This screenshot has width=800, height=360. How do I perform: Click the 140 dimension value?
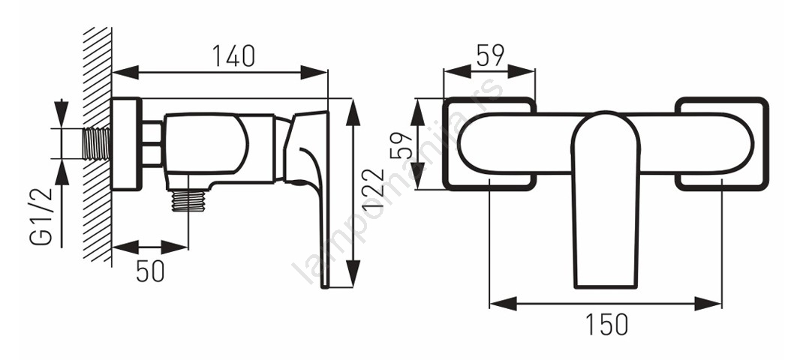(233, 55)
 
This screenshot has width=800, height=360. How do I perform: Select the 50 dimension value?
(150, 271)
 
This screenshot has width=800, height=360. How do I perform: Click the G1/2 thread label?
(41, 216)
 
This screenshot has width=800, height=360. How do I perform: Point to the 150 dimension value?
(606, 324)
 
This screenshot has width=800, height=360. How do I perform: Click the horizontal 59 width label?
(490, 55)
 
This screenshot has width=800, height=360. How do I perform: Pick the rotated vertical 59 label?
(402, 145)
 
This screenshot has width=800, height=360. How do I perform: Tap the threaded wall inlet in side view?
(96, 144)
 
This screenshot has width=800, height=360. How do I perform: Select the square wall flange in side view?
(126, 144)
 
